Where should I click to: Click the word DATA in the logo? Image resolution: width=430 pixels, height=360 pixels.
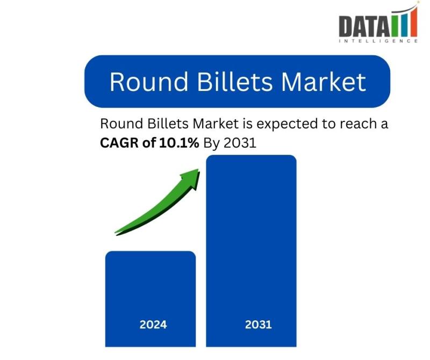tap(364, 26)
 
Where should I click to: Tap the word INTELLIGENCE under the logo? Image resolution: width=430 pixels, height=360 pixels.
tap(378, 41)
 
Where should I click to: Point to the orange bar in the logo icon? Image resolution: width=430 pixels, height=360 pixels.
tap(413, 23)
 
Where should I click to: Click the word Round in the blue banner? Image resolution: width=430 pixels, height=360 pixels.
tap(149, 82)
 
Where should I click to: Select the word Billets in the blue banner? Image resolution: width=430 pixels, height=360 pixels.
tap(235, 82)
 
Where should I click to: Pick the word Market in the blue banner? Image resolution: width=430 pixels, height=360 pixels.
tap(324, 82)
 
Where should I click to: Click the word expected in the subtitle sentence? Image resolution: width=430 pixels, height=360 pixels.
tap(287, 124)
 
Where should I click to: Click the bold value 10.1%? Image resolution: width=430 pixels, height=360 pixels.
tap(179, 142)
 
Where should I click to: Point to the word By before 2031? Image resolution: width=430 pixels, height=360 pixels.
tap(211, 143)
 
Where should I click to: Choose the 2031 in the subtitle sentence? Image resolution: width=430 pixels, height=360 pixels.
tap(240, 143)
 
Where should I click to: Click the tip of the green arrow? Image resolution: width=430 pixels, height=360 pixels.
tap(198, 169)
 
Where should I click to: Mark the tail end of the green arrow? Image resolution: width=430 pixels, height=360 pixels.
tap(116, 233)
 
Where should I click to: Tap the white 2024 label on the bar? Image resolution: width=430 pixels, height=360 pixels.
tap(153, 325)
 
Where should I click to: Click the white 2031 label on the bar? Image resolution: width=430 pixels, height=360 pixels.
tap(259, 325)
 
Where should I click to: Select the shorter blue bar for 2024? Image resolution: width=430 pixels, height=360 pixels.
tap(150, 299)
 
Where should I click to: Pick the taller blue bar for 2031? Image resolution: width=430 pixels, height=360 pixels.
tap(251, 251)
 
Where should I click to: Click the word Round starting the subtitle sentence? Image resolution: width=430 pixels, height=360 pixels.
tap(121, 124)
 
